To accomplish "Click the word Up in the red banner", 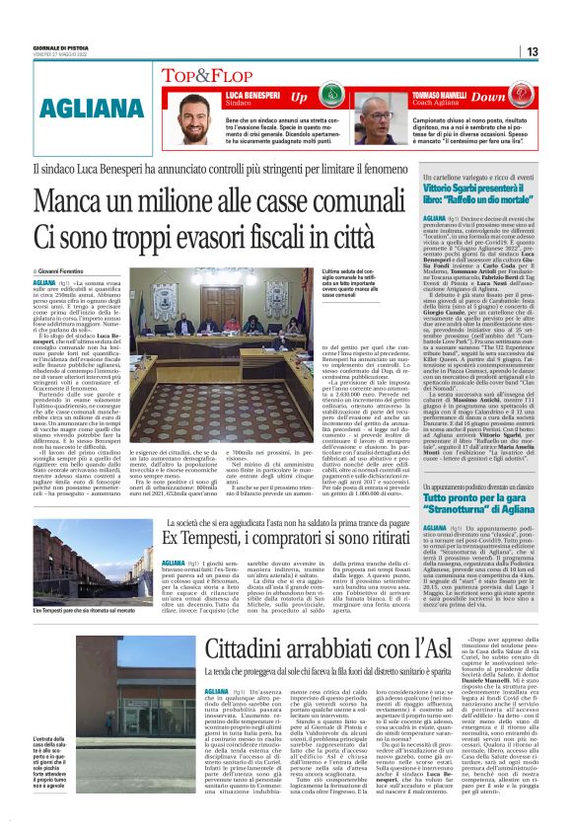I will (x=299, y=98).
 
